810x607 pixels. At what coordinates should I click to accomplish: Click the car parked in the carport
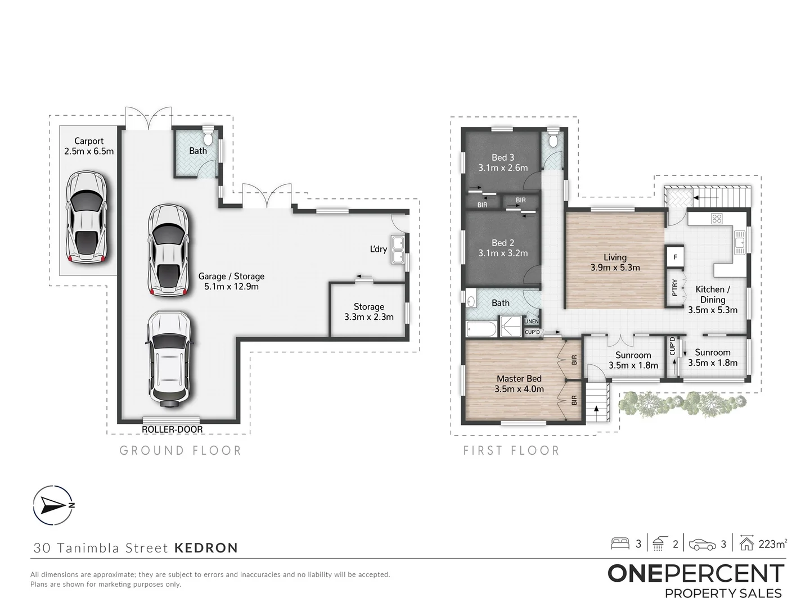click(87, 217)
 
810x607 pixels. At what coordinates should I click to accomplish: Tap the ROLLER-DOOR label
click(172, 429)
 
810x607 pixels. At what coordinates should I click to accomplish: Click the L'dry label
click(378, 249)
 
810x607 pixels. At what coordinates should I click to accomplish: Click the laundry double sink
click(398, 250)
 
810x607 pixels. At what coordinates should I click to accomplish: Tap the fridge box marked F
click(676, 257)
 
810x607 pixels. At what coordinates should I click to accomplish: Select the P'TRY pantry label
click(674, 288)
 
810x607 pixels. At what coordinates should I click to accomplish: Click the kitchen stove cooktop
click(717, 219)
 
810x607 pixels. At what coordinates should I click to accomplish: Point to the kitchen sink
click(739, 242)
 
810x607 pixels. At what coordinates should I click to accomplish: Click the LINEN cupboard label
click(532, 321)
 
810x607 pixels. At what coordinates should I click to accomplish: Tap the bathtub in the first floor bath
click(481, 329)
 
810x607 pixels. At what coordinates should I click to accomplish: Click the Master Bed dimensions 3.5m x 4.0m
click(519, 389)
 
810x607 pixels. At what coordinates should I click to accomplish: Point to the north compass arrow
click(52, 505)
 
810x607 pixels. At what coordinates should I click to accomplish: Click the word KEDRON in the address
click(206, 547)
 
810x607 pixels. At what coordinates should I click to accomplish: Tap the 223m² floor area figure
click(773, 544)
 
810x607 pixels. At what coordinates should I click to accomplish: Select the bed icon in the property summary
click(620, 543)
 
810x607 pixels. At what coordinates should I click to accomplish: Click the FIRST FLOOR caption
click(511, 450)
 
